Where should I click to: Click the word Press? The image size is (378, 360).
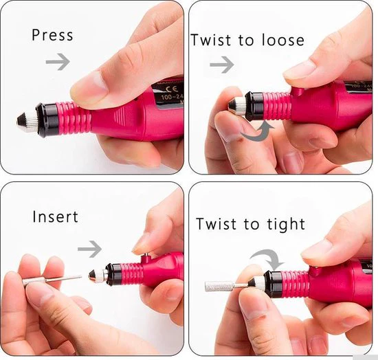point(52,35)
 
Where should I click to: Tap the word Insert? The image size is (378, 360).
point(55,216)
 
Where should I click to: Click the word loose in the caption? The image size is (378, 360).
point(282,40)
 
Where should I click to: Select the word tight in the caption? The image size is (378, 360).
point(286,225)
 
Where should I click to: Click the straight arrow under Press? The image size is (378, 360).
point(58,62)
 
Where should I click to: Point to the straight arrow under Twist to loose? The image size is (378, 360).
point(222,65)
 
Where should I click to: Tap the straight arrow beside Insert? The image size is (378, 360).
point(89,249)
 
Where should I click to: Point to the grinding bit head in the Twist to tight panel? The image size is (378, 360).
point(219,286)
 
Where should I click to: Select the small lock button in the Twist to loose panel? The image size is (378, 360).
point(297,91)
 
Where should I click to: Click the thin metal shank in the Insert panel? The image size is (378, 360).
point(63,278)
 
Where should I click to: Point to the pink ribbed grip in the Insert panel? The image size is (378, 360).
point(132,274)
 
